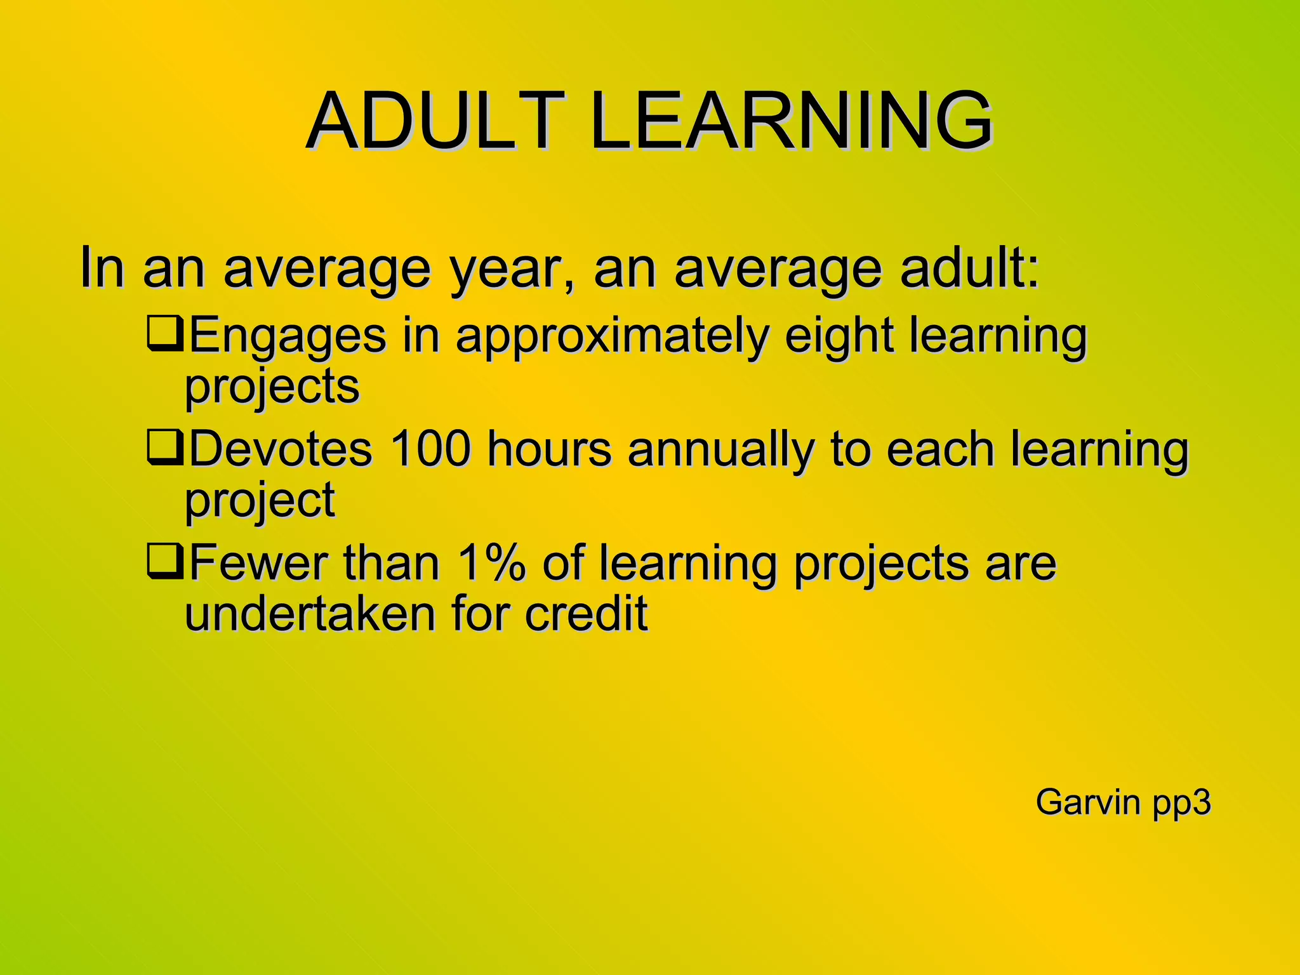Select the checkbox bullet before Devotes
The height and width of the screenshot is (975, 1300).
164,448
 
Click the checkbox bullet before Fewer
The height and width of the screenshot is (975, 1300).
164,562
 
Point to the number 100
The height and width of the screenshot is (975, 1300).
430,449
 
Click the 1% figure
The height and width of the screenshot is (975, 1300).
491,563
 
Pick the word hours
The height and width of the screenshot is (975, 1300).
549,449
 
